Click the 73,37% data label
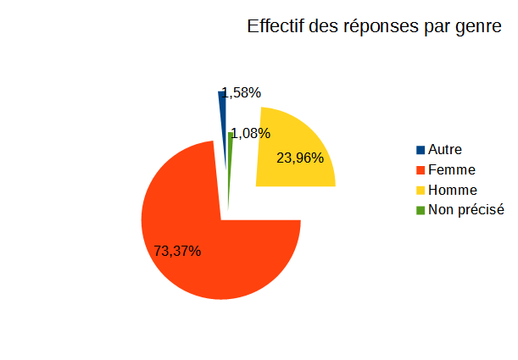[177, 251]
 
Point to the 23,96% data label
[300, 158]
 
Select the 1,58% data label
[242, 93]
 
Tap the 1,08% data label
[251, 133]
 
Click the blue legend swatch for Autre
[421, 150]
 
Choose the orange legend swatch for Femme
[421, 170]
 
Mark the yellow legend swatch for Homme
[421, 191]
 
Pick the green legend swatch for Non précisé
[421, 211]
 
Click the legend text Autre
[445, 150]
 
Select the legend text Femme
[452, 170]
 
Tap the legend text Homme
[453, 190]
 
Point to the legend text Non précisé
[466, 210]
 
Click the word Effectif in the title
[276, 26]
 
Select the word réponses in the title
[382, 27]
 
